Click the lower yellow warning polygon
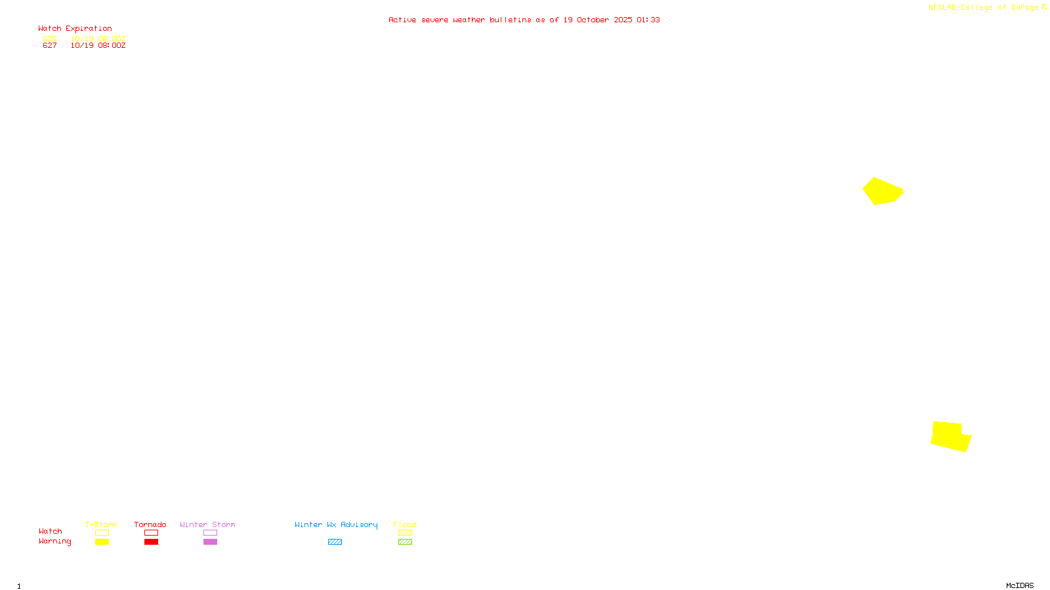coord(950,437)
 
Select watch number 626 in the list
coord(50,39)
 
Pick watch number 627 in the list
coord(50,46)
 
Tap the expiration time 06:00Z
coord(112,39)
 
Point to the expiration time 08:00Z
coord(112,46)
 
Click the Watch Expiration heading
coord(75,29)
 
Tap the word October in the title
coord(593,20)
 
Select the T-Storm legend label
coord(101,524)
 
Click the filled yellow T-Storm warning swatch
coord(102,542)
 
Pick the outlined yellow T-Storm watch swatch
coord(102,533)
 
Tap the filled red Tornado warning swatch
coord(151,542)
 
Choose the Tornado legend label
coord(150,524)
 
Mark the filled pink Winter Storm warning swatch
coord(210,542)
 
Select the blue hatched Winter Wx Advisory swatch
coord(335,542)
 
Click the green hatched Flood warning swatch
coord(405,542)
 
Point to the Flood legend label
coord(405,524)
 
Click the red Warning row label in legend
coord(55,541)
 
